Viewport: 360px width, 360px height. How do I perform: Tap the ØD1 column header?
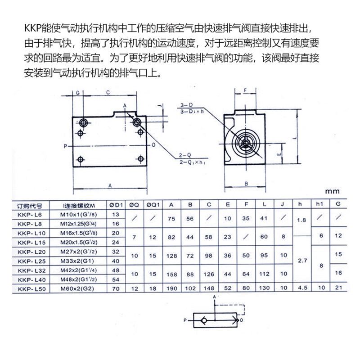click(x=116, y=205)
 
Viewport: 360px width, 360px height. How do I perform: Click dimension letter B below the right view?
click(x=246, y=184)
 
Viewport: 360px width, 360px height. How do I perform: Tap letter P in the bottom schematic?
click(x=185, y=320)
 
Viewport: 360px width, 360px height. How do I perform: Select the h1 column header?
click(x=320, y=205)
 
